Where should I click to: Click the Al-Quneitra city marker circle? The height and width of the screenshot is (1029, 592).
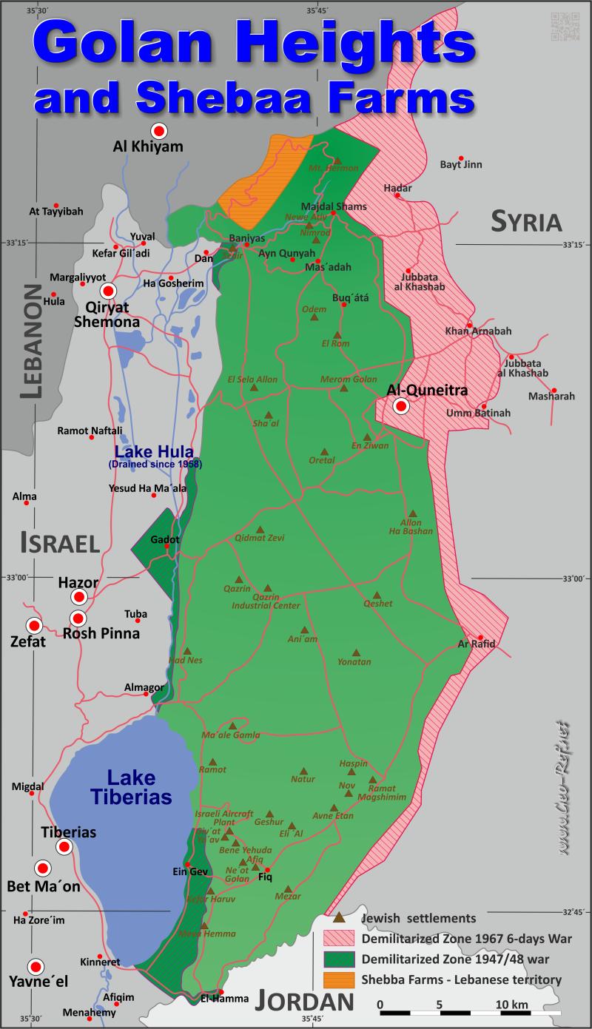point(401,405)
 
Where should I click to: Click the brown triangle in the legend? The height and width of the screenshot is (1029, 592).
point(339,918)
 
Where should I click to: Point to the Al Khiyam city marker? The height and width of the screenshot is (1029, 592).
point(158,129)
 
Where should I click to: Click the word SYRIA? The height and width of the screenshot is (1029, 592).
point(527,220)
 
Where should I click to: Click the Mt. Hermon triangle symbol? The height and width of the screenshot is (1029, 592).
point(337,159)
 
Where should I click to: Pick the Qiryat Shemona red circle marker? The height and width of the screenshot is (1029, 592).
point(109,291)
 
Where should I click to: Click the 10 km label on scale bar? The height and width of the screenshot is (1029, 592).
point(511,1004)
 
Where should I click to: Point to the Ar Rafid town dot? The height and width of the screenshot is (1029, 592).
point(481,638)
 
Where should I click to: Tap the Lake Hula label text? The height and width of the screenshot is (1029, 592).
point(154,452)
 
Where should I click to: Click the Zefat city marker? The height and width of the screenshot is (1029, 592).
point(33,624)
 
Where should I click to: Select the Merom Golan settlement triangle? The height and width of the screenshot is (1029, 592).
point(343,388)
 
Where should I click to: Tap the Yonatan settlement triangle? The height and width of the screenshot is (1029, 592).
point(357,652)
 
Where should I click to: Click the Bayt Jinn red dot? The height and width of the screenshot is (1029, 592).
point(461,158)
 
